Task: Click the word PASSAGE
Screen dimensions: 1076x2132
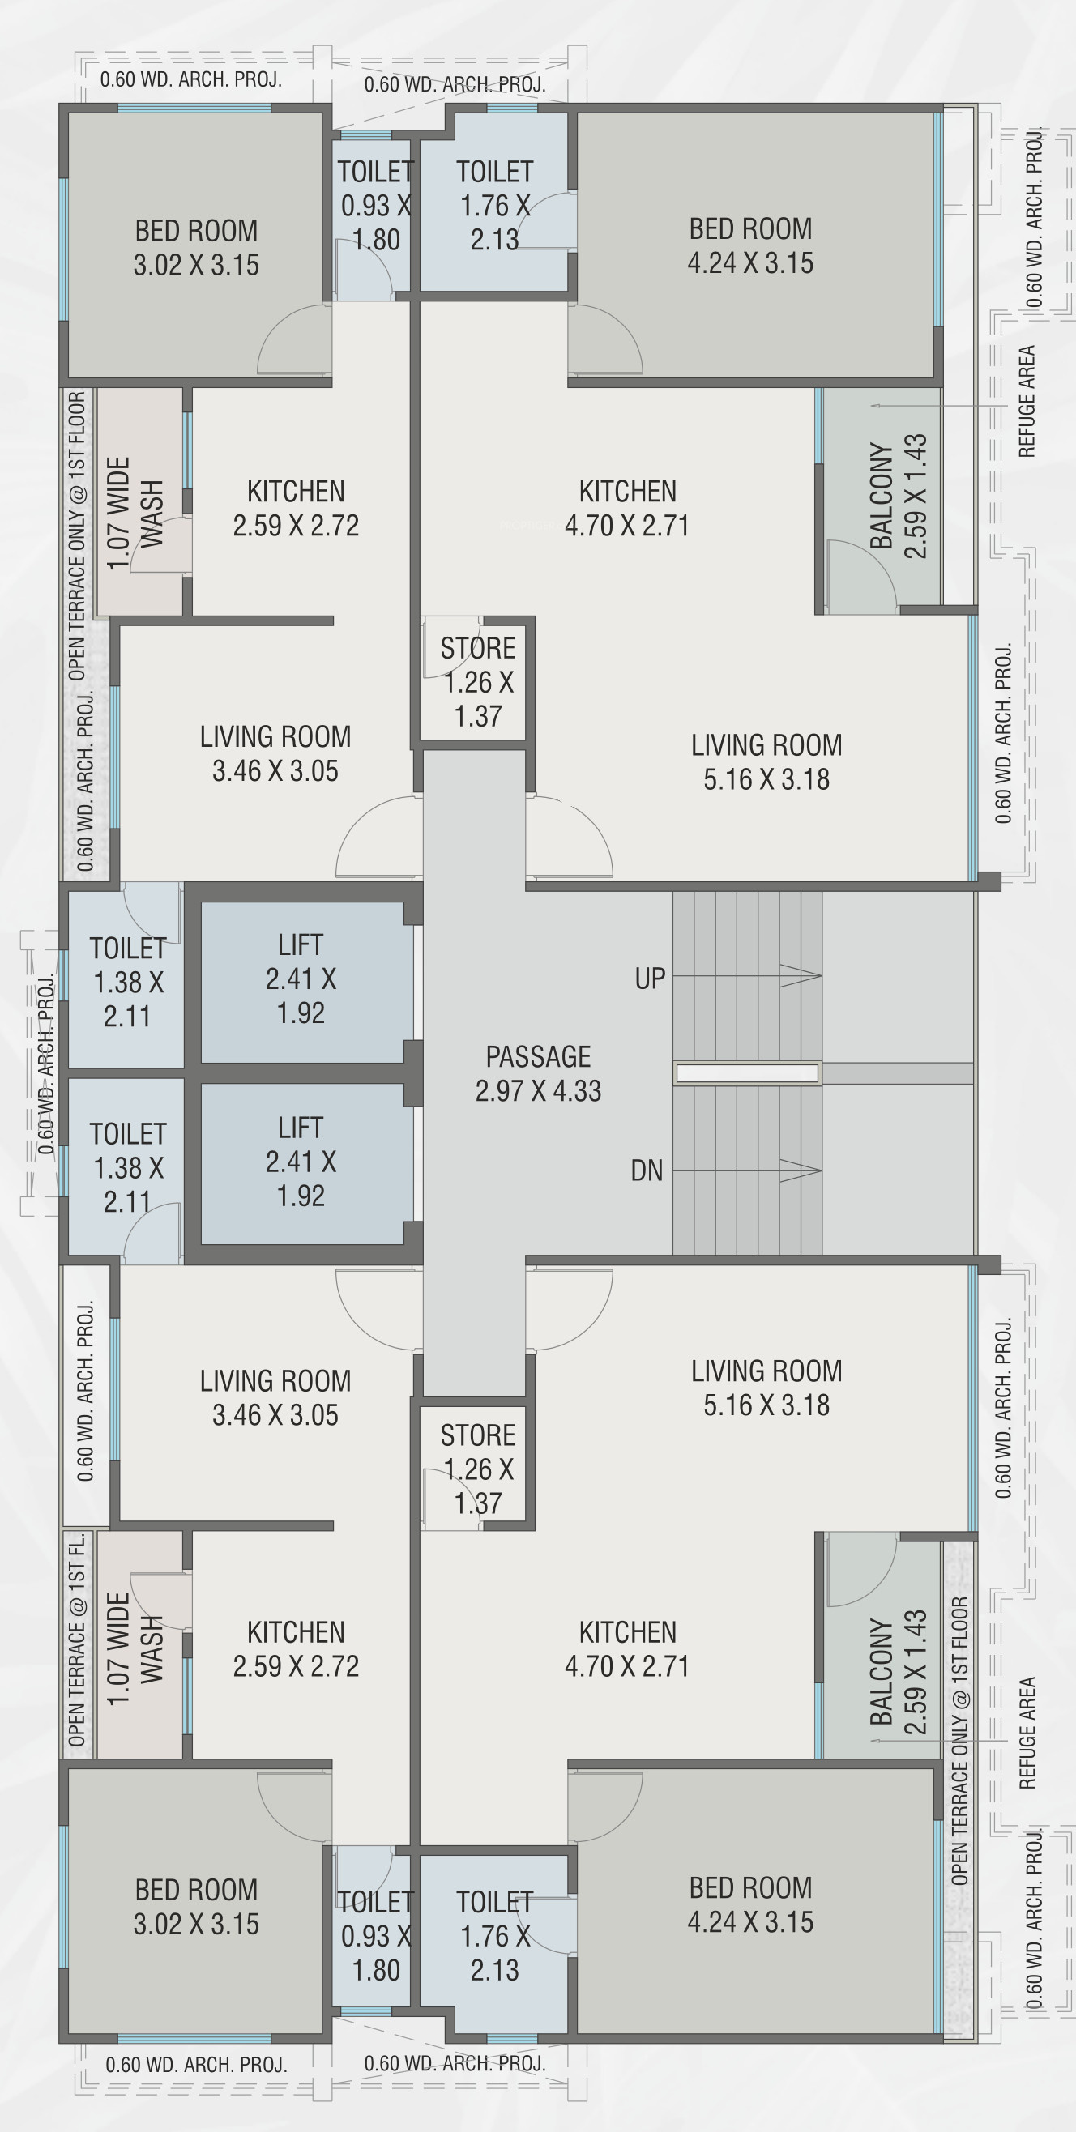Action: (x=538, y=1057)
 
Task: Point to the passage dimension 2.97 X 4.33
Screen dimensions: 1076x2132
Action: (x=538, y=1091)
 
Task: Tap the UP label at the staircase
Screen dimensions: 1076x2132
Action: (x=650, y=979)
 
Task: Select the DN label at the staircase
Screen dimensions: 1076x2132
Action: (x=647, y=1170)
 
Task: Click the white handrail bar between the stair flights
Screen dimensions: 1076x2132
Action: (x=746, y=1073)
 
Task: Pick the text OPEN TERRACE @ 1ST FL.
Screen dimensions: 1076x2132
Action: (x=77, y=1640)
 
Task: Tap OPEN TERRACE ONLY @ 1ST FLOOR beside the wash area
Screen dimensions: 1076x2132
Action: (x=77, y=536)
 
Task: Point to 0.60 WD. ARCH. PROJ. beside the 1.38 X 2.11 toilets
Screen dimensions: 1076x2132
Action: (x=46, y=1064)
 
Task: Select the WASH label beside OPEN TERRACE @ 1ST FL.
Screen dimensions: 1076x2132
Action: (x=152, y=1649)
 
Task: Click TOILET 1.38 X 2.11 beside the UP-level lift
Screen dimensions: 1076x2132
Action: (x=128, y=983)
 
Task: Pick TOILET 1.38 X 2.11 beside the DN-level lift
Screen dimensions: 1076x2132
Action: (x=128, y=1168)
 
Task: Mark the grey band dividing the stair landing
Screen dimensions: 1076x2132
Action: (x=897, y=1073)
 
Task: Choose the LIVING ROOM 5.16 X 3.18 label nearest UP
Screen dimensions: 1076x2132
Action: (x=766, y=762)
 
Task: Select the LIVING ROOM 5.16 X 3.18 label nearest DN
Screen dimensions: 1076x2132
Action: (x=766, y=1388)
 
